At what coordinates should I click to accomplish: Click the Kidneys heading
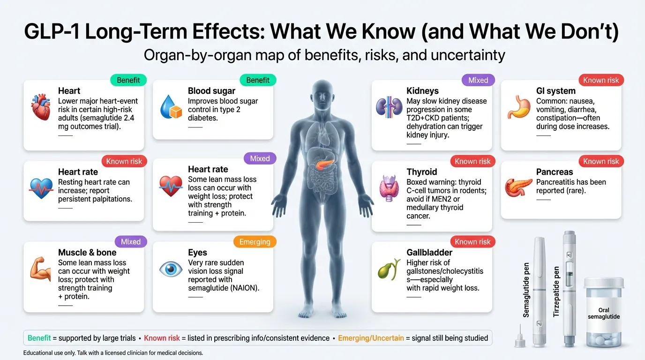click(x=422, y=91)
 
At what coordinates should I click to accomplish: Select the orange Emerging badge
click(x=255, y=242)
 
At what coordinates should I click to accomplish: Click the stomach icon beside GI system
click(x=518, y=107)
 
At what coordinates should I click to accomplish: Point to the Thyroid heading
click(x=421, y=172)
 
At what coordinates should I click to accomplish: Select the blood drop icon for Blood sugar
click(x=170, y=107)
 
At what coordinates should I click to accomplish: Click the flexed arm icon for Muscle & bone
click(x=40, y=269)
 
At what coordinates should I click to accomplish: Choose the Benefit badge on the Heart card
click(x=128, y=80)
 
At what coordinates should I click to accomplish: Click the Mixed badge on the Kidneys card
click(x=478, y=80)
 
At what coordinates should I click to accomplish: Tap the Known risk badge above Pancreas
click(x=601, y=161)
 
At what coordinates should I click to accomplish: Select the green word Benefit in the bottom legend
click(x=39, y=338)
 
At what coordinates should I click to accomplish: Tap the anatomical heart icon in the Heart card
click(x=40, y=107)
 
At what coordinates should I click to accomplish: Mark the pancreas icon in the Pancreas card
click(x=518, y=187)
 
